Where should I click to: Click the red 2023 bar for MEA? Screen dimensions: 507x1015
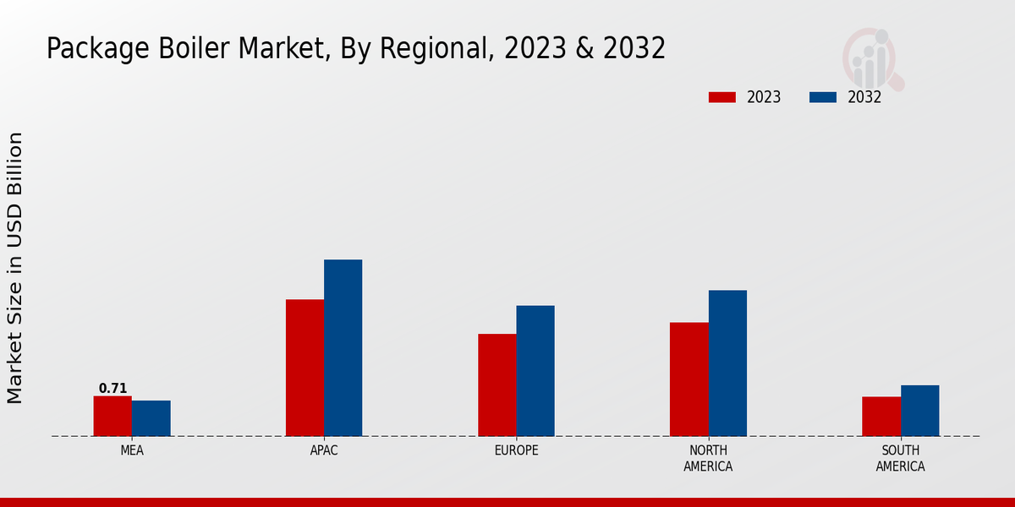(112, 416)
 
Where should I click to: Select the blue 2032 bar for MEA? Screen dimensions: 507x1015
(151, 418)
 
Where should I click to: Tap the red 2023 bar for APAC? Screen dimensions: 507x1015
(304, 368)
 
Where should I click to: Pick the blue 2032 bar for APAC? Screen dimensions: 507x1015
(343, 347)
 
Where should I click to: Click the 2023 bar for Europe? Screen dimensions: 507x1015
(497, 384)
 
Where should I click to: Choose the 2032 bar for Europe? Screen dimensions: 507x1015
(535, 370)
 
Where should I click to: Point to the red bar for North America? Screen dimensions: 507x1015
(689, 379)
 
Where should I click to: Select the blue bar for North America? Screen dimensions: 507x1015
(727, 363)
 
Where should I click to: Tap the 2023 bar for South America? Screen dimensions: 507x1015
(881, 416)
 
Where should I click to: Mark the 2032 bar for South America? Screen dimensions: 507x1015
(919, 411)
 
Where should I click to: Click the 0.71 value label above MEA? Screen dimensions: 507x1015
(112, 389)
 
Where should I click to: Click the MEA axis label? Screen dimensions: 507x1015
(132, 450)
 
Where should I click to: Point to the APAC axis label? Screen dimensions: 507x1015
(324, 450)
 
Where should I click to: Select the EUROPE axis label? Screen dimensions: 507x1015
(516, 450)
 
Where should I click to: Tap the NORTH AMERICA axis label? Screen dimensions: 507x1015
(708, 458)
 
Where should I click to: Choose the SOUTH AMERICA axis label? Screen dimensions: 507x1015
(900, 458)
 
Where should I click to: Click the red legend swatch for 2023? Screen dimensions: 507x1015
(721, 97)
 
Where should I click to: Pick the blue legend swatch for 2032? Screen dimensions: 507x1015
(822, 97)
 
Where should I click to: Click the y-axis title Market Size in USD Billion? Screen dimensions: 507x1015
(15, 267)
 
